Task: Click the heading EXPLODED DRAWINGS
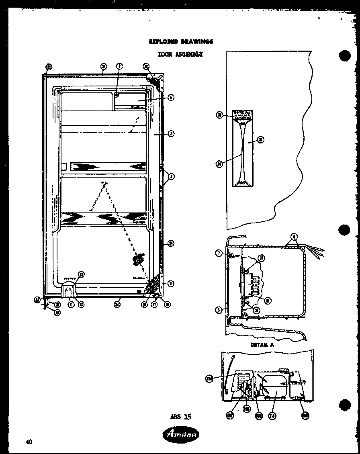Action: point(180,41)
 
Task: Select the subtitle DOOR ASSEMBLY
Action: point(180,54)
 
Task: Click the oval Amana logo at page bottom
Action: point(180,434)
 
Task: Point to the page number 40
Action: point(29,442)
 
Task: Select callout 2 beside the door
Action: point(171,134)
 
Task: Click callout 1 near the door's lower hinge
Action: point(171,284)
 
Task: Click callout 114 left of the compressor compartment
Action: point(209,378)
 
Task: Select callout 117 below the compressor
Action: point(273,416)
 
